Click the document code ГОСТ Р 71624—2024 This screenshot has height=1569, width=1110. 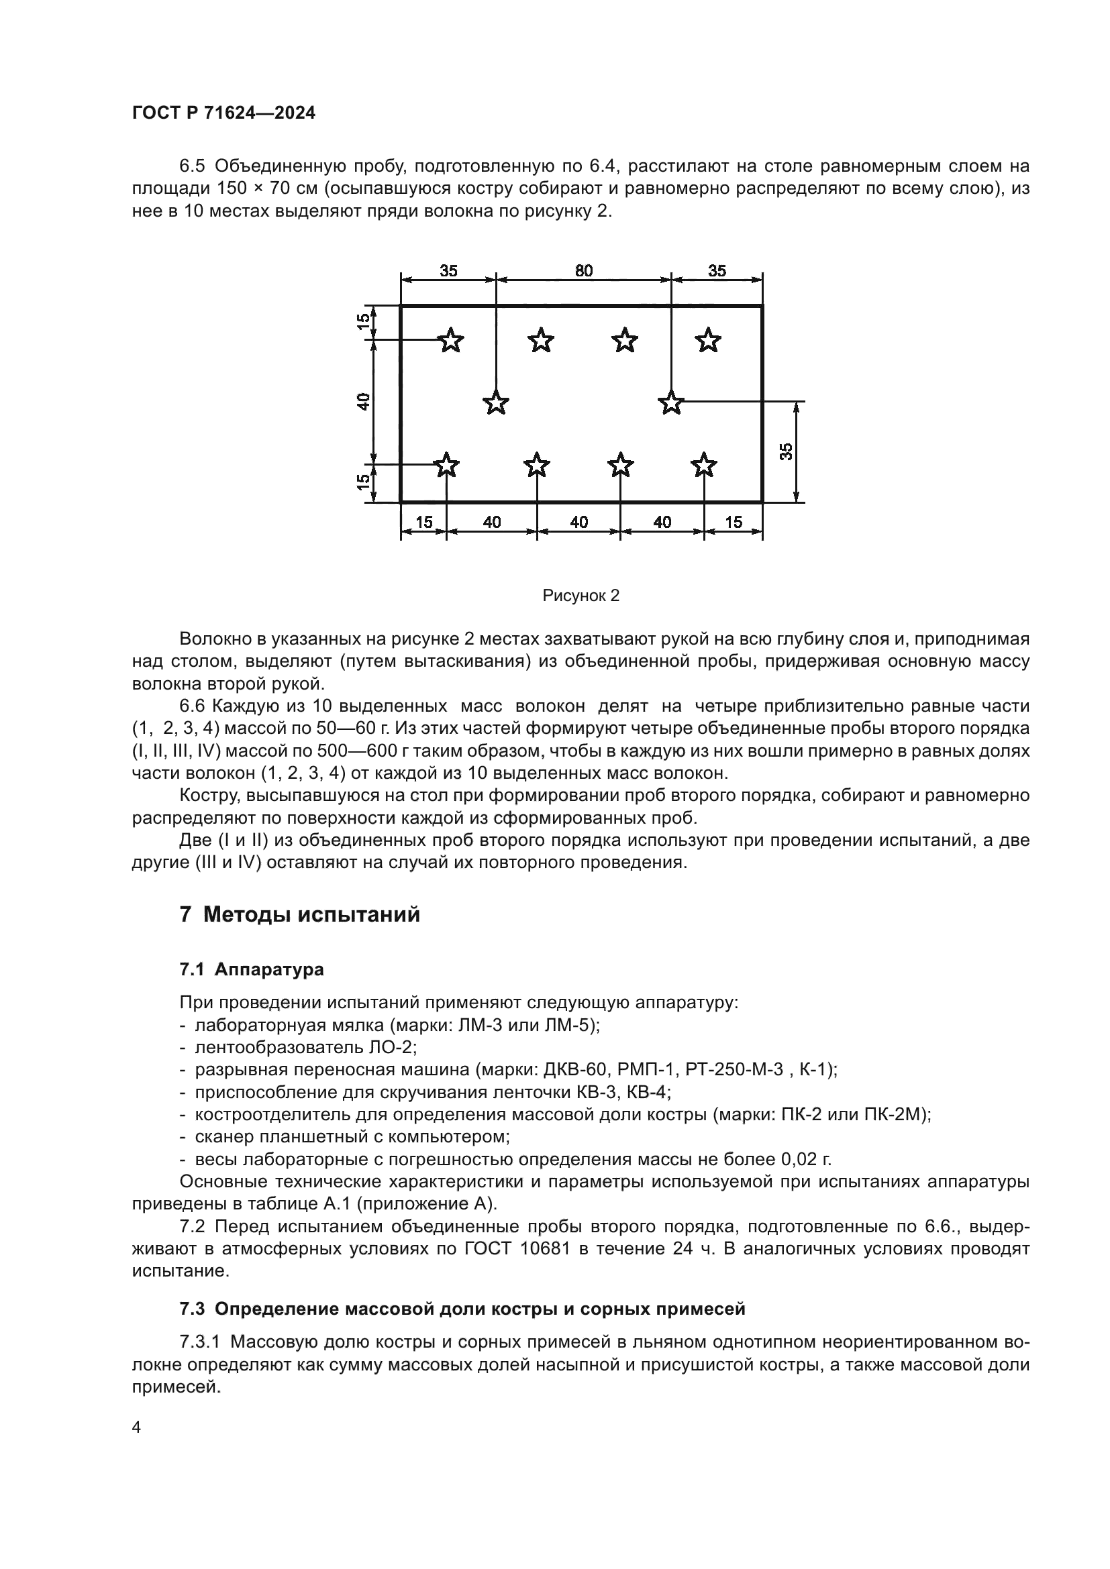(223, 113)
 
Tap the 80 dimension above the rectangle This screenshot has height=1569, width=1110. (584, 270)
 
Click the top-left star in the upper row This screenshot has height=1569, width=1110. (450, 339)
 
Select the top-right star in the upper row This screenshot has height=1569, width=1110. (708, 339)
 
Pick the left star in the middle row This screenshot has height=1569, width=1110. (495, 402)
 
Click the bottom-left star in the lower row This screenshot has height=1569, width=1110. (446, 466)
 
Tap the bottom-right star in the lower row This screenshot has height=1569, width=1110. (703, 466)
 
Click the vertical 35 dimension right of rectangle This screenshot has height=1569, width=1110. (787, 451)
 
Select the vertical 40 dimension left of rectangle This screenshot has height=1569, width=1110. (364, 402)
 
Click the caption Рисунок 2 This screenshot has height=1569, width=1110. (581, 596)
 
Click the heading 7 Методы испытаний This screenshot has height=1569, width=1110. (299, 914)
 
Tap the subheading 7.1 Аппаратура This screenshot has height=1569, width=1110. (252, 969)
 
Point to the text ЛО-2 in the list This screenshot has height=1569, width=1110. (393, 1047)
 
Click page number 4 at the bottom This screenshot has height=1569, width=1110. (136, 1427)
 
